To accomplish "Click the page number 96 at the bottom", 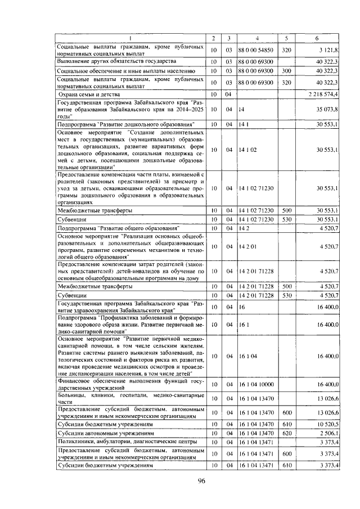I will pyautogui.click(x=202, y=480).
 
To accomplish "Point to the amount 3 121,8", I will pyautogui.click(x=326, y=49).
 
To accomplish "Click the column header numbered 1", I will pyautogui.click(x=131, y=37).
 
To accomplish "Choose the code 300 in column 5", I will pyautogui.click(x=287, y=71).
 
